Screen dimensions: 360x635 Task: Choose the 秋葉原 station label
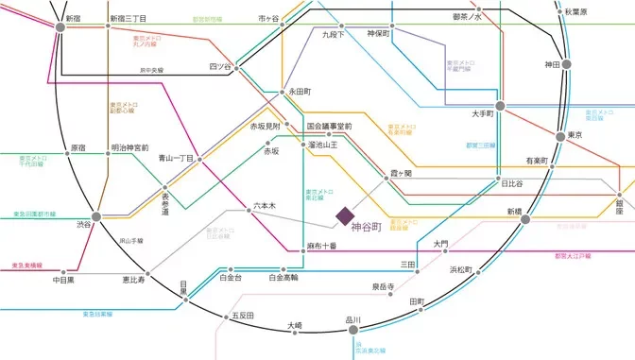tap(602, 11)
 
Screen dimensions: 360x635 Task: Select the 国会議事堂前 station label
tap(329, 126)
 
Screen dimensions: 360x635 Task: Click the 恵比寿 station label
tap(133, 280)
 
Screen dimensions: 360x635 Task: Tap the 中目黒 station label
tap(64, 280)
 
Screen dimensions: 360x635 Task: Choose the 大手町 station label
tap(484, 114)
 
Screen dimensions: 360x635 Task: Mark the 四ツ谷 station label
tap(219, 67)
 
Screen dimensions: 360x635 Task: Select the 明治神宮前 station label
tap(129, 148)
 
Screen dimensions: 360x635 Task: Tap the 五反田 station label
tap(243, 316)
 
